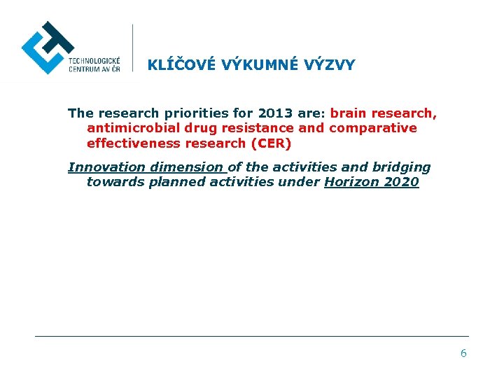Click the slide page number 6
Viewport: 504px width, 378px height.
[463, 353]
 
